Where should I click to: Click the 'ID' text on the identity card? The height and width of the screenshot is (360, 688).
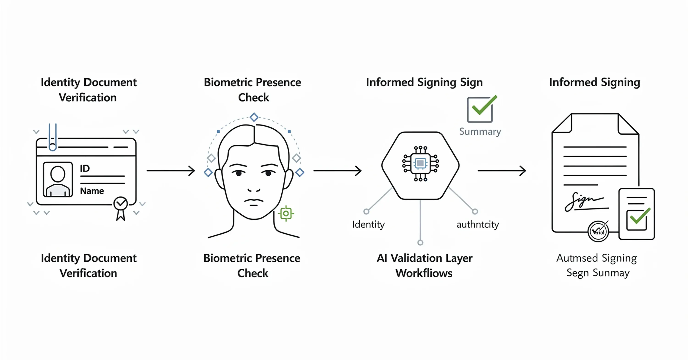pos(85,169)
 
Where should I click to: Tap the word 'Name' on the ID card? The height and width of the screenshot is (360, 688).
pos(92,191)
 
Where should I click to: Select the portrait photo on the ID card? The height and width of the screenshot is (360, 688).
pos(58,180)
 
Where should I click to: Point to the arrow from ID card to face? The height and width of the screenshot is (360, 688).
pos(171,171)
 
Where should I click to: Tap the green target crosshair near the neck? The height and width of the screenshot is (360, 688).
pos(286,213)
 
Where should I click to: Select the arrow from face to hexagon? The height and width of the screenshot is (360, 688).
pos(337,171)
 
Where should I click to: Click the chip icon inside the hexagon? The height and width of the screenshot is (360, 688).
pos(420,163)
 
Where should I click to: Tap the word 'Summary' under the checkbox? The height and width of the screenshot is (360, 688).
pos(480,132)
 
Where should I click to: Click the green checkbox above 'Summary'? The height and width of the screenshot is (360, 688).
pos(480,109)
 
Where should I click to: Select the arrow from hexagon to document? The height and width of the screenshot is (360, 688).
pos(502,171)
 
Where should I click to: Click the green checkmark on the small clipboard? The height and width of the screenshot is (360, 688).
pos(639,217)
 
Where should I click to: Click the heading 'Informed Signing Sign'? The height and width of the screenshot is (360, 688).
pos(424,83)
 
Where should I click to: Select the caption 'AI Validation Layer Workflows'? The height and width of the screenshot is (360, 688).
pos(424,266)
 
